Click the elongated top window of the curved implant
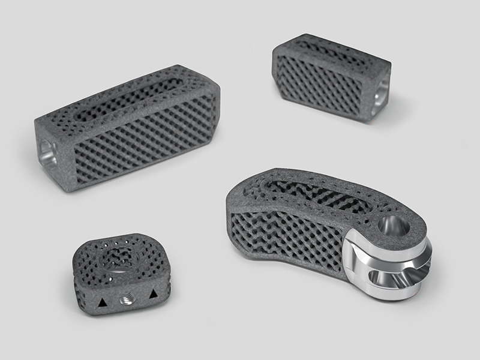[x=312, y=192]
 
